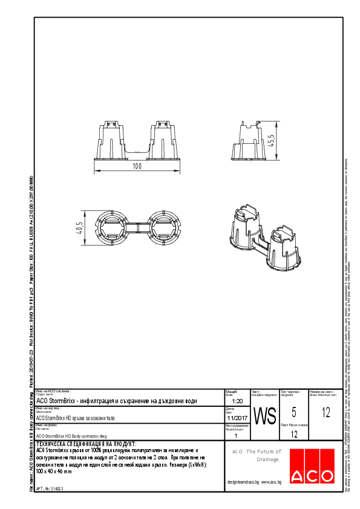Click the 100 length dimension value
[137, 165]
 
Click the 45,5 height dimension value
[272, 140]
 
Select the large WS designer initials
[264, 417]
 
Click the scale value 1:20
[237, 401]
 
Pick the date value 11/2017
[237, 418]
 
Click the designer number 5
[293, 413]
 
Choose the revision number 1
[235, 435]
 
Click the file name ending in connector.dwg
[71, 435]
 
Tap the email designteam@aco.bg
[243, 482]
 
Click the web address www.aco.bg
[270, 482]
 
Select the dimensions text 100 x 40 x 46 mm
[62, 471]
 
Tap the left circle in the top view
[113, 228]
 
